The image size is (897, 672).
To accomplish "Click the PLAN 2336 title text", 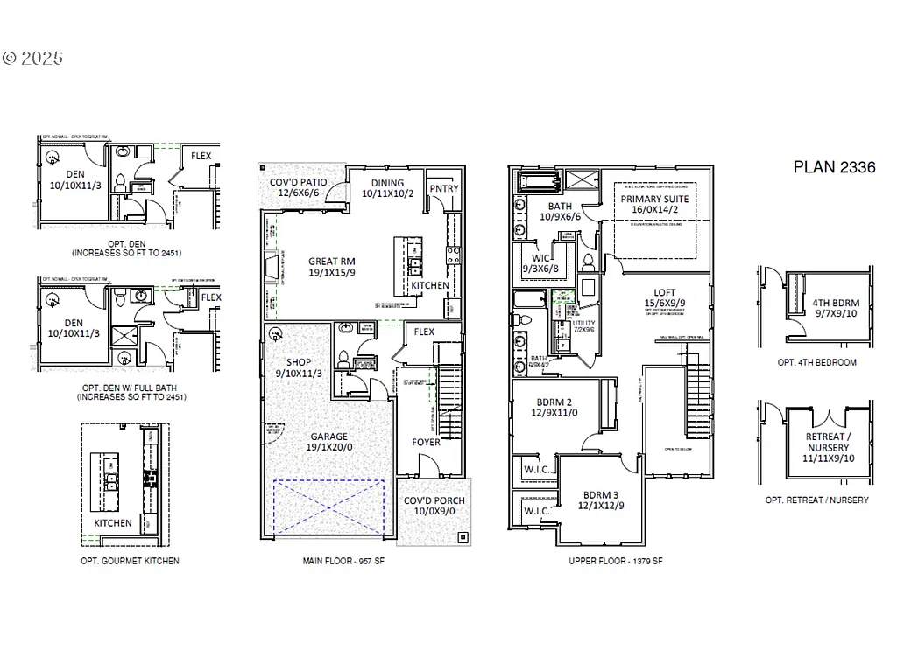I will tap(834, 167).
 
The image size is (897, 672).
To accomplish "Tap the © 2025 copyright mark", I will tap(33, 59).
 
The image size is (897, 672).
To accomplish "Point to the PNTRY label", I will tap(443, 189).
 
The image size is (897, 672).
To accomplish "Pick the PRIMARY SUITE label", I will tap(654, 199).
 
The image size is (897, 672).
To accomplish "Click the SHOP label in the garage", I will tap(299, 361).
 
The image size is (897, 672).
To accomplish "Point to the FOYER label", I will tap(427, 442).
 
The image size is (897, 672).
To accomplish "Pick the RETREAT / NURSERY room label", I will tap(826, 442).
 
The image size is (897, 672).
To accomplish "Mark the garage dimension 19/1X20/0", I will tap(328, 447).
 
